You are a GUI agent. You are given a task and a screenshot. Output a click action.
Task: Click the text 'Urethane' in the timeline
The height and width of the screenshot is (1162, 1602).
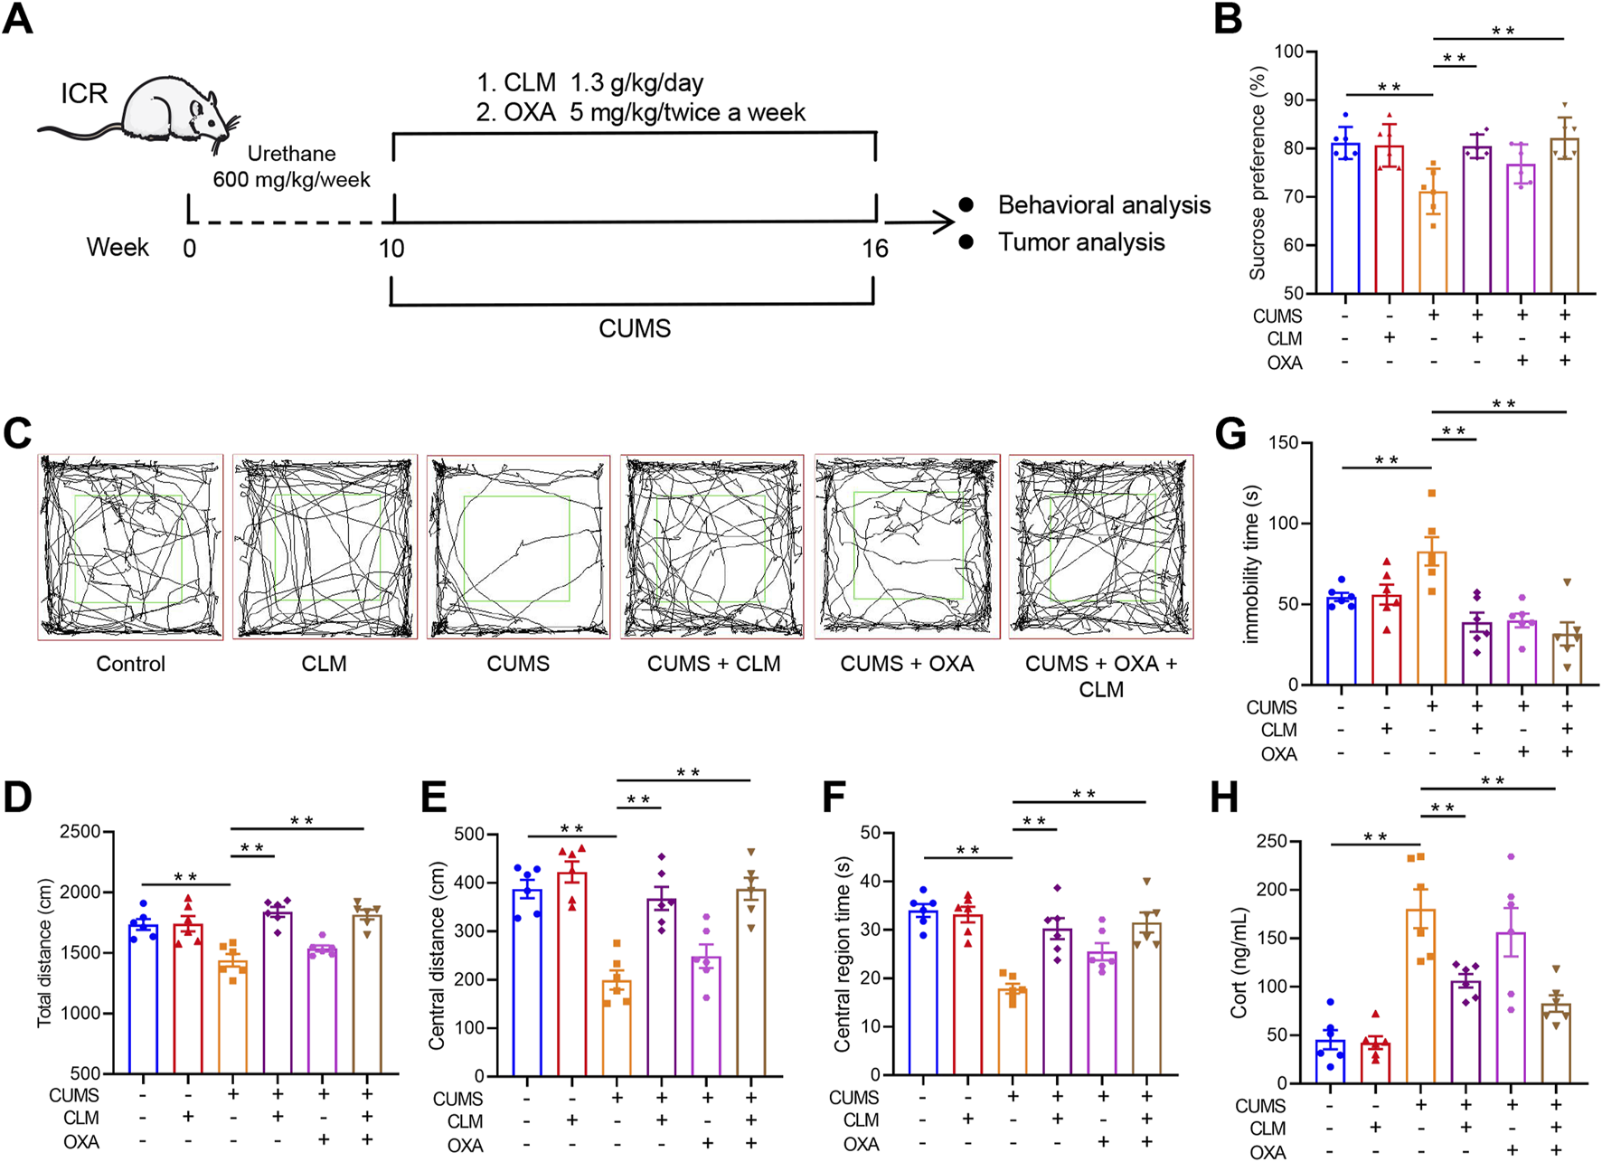(x=291, y=154)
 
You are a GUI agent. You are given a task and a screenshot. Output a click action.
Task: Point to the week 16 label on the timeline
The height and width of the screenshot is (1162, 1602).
(x=874, y=249)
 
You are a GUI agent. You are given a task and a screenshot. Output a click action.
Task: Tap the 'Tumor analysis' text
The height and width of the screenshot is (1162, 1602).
(x=1081, y=242)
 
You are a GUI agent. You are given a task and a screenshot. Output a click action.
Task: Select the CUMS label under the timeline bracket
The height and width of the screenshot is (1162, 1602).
(x=634, y=328)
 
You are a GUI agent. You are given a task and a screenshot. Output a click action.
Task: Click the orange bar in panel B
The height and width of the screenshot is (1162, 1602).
(x=1433, y=242)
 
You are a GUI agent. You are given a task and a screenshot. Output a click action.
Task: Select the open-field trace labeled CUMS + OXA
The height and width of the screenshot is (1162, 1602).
(x=908, y=547)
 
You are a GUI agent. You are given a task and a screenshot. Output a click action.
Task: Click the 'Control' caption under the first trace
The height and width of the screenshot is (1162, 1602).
(x=130, y=664)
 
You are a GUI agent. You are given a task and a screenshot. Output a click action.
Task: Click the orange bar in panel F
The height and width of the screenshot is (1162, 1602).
(x=1012, y=1031)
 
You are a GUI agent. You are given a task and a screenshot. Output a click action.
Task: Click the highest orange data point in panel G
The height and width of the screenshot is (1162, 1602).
(x=1431, y=494)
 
